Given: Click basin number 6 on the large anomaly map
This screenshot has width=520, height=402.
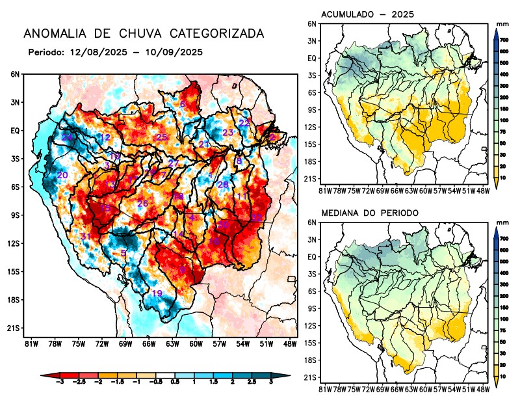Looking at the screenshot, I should (183, 104).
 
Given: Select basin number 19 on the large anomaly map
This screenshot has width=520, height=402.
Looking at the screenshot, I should (157, 293).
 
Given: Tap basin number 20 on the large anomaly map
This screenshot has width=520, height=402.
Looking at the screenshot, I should (62, 175).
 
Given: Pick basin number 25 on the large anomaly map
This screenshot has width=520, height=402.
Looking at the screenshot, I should (161, 137).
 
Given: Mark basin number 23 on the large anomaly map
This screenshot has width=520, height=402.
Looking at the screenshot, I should (227, 132).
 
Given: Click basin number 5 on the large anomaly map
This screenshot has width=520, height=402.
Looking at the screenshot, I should (123, 252).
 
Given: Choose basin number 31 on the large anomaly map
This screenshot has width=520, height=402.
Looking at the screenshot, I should (84, 235).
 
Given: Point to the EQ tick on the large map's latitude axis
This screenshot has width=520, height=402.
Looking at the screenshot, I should (16, 131).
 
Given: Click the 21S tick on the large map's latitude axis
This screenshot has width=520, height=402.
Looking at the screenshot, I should (14, 328).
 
